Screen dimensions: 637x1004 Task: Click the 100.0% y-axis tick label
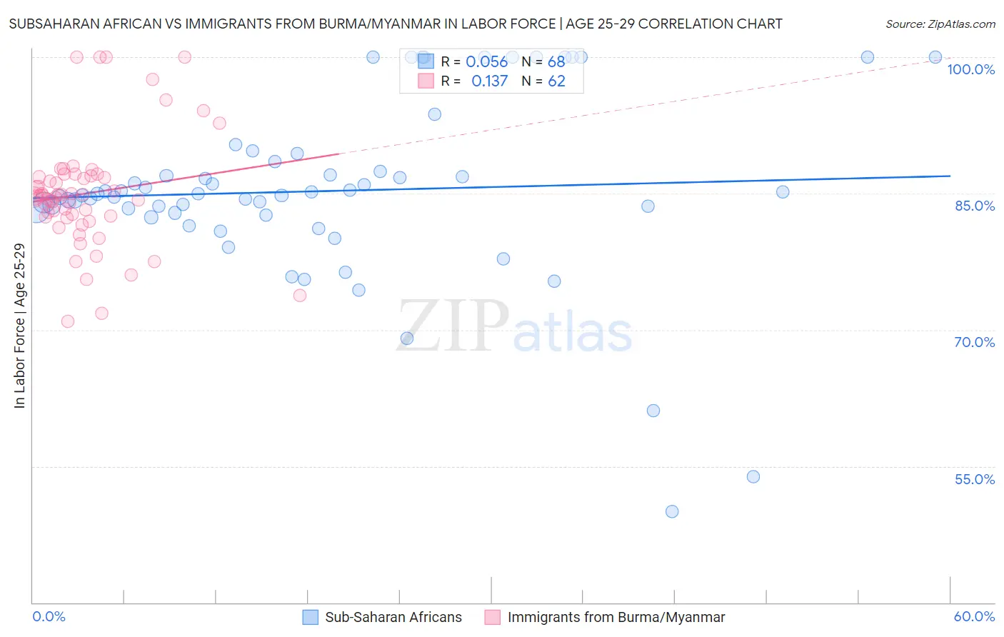click(x=970, y=69)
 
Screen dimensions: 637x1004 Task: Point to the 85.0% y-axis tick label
click(x=975, y=206)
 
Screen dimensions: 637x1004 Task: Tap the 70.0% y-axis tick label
click(x=975, y=342)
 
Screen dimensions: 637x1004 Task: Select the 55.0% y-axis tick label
click(x=975, y=479)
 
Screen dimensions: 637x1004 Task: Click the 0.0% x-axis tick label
click(x=49, y=616)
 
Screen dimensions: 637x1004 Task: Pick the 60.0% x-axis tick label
click(x=974, y=616)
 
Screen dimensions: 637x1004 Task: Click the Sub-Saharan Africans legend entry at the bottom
click(x=393, y=617)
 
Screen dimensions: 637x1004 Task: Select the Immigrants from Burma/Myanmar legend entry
click(x=616, y=617)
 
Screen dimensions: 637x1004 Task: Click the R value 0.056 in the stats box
click(x=486, y=62)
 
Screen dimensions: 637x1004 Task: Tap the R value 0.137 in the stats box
click(x=489, y=81)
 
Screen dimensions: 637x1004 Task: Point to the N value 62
click(x=556, y=81)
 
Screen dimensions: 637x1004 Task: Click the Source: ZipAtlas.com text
click(x=940, y=24)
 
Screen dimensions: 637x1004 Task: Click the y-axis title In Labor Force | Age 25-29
click(x=19, y=326)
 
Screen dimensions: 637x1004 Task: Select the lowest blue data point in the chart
click(x=672, y=511)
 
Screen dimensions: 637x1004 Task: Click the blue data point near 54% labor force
click(x=753, y=476)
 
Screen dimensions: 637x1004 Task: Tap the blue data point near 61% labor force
click(x=653, y=411)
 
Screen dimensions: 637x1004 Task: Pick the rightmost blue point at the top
click(x=935, y=57)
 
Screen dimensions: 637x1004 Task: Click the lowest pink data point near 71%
click(x=68, y=321)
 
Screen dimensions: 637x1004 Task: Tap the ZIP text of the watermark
click(x=453, y=327)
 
